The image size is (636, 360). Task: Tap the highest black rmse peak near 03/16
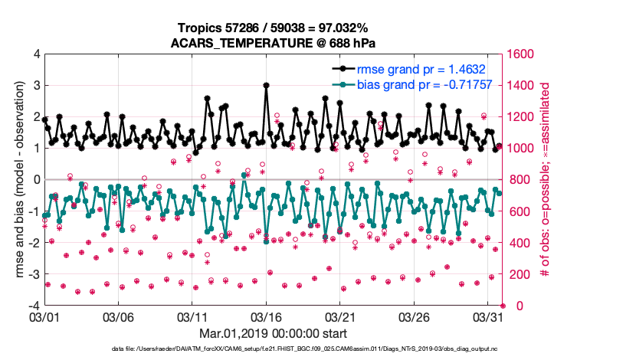pos(266,86)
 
